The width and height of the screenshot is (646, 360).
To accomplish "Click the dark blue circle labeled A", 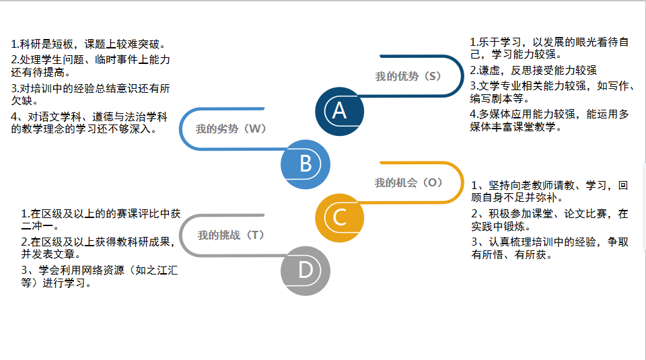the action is coord(340,110).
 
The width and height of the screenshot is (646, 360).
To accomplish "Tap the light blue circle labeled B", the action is coord(306,164).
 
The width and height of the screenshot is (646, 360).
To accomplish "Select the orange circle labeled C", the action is coord(340,217).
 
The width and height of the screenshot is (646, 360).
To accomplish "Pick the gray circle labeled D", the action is coord(306,270).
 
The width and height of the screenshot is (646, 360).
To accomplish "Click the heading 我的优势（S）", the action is coord(408,76).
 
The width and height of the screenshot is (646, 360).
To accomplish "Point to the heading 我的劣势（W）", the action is coord(231,129).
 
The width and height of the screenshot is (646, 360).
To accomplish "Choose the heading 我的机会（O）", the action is coord(408,182).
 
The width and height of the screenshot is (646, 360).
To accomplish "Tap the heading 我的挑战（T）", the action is coord(231,235).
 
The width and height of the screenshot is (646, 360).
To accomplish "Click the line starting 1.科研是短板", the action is coord(89,44).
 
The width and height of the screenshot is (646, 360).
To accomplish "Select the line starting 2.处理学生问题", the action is coord(90,59).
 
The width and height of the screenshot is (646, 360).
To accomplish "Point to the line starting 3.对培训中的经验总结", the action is coord(90,88).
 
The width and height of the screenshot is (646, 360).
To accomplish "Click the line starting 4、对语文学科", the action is coord(90,117).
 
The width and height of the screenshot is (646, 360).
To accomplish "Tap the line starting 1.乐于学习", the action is coord(549,42).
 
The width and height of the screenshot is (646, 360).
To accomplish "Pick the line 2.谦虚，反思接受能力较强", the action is coord(533,70).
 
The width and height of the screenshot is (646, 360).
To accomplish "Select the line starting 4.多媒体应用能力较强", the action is coord(549,114).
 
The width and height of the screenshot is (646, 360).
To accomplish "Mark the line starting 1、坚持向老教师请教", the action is coord(550,185).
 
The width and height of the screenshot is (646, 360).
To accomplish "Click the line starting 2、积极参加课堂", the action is coord(550,213).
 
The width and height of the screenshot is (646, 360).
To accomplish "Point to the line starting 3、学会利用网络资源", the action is coord(100,270).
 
